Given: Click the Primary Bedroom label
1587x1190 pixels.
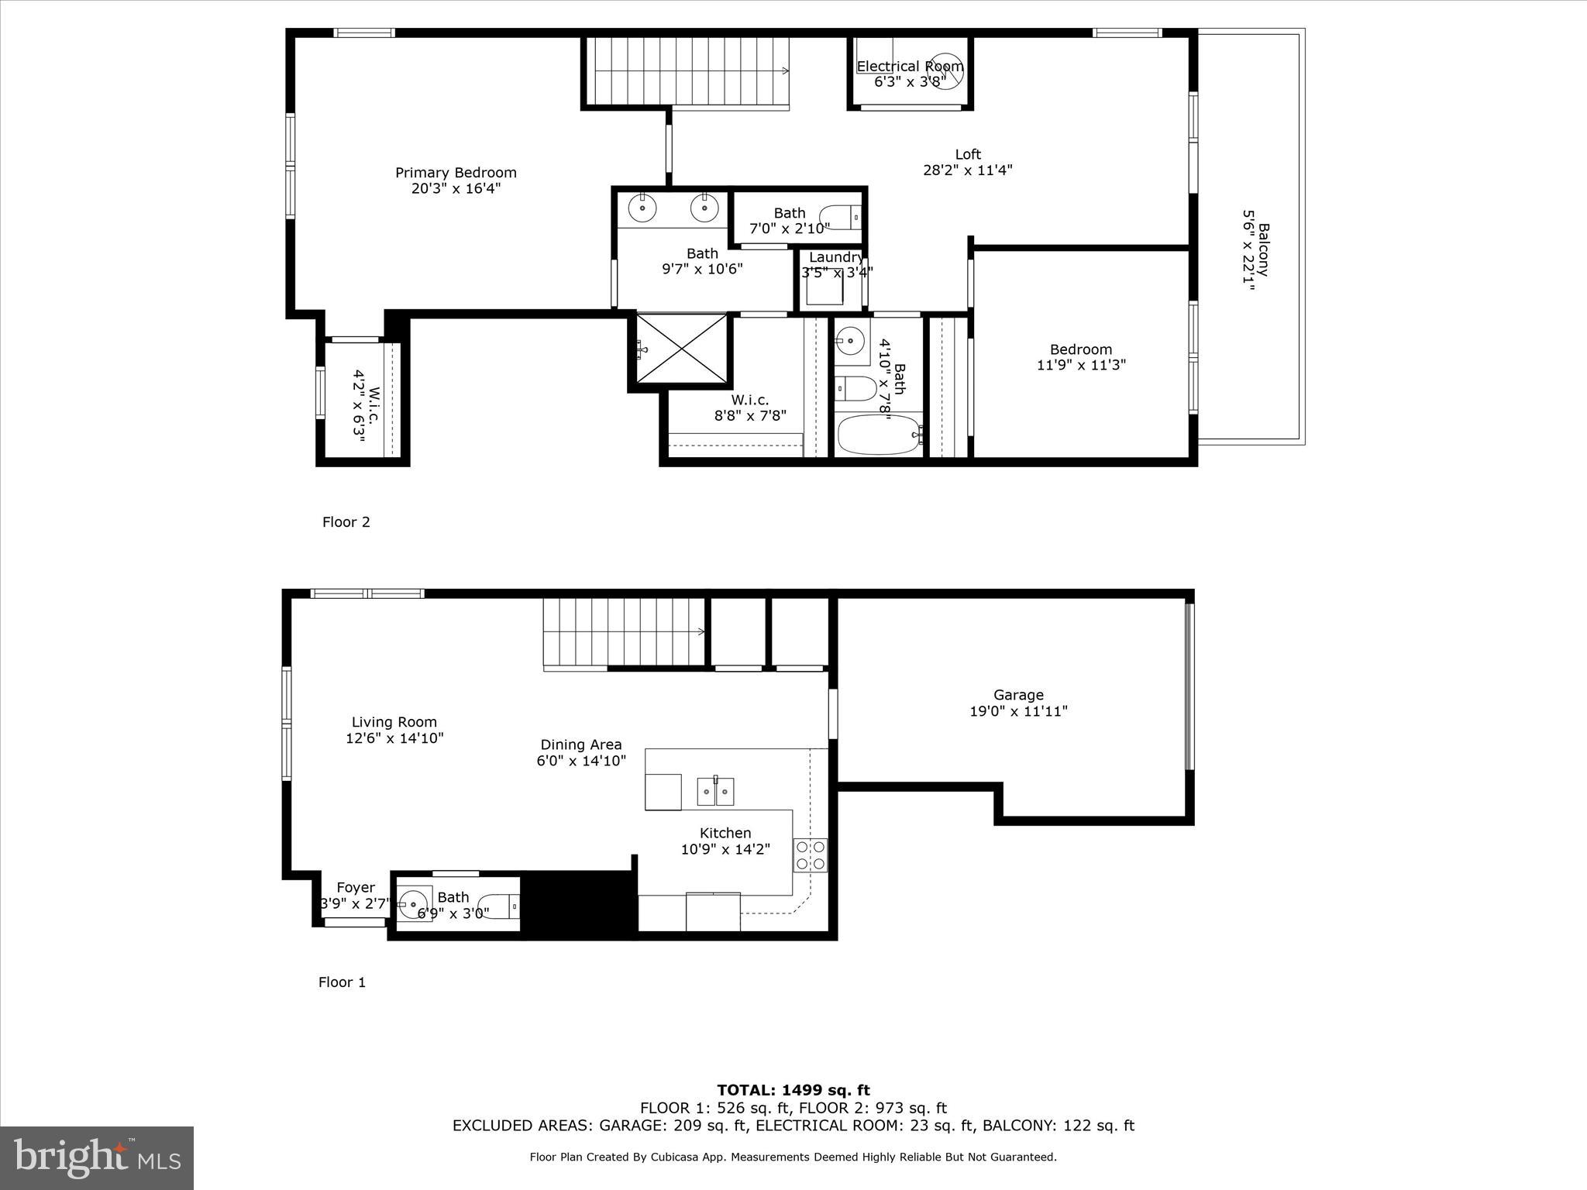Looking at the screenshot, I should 456,173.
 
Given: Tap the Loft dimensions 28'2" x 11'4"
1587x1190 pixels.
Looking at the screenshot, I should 968,170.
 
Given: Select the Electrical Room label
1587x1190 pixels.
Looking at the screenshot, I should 910,67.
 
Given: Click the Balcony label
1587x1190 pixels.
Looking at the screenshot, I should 1263,249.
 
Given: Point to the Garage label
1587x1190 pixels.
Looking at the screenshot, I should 1018,695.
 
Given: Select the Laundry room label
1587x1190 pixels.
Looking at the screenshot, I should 835,257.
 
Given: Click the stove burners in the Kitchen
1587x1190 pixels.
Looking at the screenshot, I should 810,855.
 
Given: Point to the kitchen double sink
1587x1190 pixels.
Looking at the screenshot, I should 715,791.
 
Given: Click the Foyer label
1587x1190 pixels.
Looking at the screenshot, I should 356,888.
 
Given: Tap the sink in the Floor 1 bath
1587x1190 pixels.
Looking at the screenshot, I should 415,903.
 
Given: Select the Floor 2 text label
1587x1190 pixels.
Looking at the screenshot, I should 346,522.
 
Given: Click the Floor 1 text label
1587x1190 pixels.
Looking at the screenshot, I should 342,982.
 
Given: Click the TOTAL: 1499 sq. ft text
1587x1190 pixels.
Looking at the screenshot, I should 793,1090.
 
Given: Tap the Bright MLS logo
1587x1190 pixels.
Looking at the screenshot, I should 97,1157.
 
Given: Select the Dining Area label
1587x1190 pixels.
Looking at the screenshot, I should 581,745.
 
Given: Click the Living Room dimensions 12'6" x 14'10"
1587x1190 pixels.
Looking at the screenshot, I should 394,739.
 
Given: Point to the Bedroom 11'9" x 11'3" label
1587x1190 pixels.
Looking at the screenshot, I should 1081,357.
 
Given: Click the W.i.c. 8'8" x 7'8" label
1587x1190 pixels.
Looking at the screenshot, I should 750,408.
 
